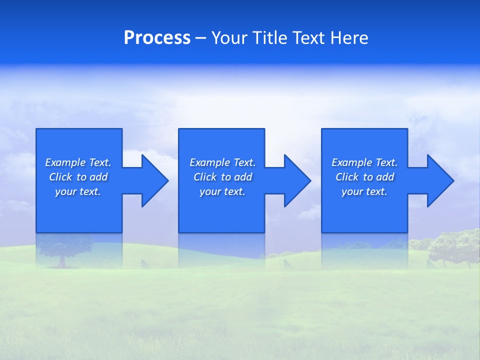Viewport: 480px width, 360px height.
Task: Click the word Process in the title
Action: (x=157, y=38)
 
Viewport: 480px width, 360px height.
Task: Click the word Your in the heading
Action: (x=231, y=38)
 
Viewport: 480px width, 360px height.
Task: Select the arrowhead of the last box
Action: (x=439, y=180)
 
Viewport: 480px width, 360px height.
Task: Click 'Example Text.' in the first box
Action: (x=78, y=162)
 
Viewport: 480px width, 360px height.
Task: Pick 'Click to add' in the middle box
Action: (x=222, y=177)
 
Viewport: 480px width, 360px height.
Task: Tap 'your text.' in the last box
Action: (x=364, y=191)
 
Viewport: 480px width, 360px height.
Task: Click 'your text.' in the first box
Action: (x=78, y=191)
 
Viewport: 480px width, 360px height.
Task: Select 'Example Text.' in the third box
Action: (x=364, y=162)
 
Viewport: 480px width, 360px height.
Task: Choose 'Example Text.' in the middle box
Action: (x=222, y=162)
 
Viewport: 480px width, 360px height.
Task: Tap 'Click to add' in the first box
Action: (x=78, y=177)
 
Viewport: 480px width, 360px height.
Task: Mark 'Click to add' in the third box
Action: (x=364, y=177)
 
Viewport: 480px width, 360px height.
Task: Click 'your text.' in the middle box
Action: (x=222, y=191)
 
